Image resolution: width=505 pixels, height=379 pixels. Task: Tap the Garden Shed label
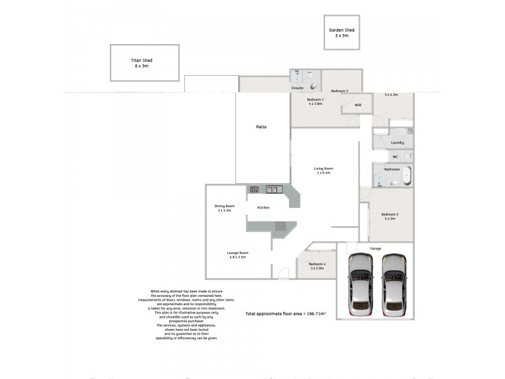coord(342,30)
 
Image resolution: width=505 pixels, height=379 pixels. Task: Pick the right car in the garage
coord(394,284)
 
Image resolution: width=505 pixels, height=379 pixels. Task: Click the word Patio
coord(261,127)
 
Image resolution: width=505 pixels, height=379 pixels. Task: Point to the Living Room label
coord(324,169)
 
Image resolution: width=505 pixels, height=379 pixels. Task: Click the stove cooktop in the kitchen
coord(254,189)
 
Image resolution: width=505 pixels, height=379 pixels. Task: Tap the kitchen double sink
coord(273,189)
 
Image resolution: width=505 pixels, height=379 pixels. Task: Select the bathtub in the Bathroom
coord(407,175)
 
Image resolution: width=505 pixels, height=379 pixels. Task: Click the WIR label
coord(358,105)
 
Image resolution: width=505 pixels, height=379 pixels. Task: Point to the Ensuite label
coord(297,88)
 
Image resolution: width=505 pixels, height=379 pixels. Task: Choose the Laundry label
coord(397,142)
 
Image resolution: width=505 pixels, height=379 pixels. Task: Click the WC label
coord(395,157)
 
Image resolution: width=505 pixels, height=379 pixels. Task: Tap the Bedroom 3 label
coord(389,214)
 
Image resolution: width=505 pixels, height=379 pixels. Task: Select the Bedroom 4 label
coord(317,263)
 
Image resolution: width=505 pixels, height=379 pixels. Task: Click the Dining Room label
coord(225,206)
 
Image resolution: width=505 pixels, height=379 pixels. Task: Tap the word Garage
coord(376,248)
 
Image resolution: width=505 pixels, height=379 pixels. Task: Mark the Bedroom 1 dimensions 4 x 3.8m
coord(315,104)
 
